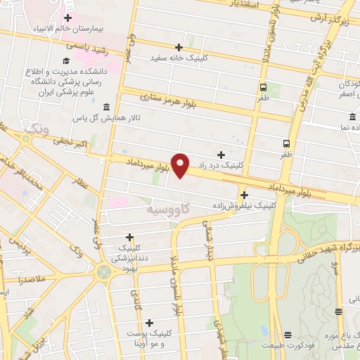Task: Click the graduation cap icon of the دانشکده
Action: coord(65,60)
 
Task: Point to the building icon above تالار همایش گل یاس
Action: coord(106,107)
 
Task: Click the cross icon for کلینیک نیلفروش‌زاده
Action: coord(244,195)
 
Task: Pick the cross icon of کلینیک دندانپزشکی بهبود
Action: coord(129,238)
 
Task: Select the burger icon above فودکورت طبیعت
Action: coord(287,335)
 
